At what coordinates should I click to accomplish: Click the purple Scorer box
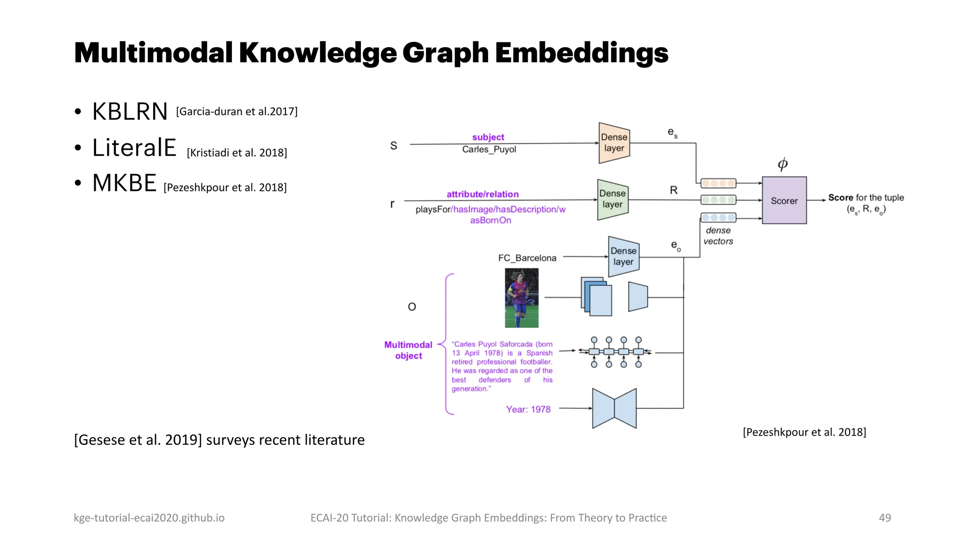tap(784, 200)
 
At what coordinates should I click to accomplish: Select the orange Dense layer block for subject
tap(614, 143)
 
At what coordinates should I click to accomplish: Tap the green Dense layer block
tap(613, 199)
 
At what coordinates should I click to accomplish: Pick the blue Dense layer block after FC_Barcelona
tap(623, 256)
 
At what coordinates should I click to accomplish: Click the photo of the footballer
tap(521, 298)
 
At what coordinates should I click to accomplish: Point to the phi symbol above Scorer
tap(783, 164)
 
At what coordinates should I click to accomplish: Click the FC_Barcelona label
tap(527, 258)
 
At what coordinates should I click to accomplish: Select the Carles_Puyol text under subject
tap(489, 149)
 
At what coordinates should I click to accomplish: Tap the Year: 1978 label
tap(528, 409)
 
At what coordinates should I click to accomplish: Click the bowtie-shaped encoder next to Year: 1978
tap(614, 408)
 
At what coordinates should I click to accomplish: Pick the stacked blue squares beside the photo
tap(597, 296)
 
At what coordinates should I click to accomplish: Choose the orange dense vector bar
tap(718, 183)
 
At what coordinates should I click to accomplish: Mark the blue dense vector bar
tap(718, 217)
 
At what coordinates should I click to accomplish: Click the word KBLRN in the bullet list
tap(130, 112)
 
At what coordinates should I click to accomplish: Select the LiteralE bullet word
tap(134, 148)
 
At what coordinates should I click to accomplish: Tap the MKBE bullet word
tap(124, 183)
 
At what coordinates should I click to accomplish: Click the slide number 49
tap(884, 518)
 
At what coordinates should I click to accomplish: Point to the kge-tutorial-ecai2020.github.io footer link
tap(149, 518)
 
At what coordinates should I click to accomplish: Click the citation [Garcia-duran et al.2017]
tap(237, 112)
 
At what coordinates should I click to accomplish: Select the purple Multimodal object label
tap(408, 350)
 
